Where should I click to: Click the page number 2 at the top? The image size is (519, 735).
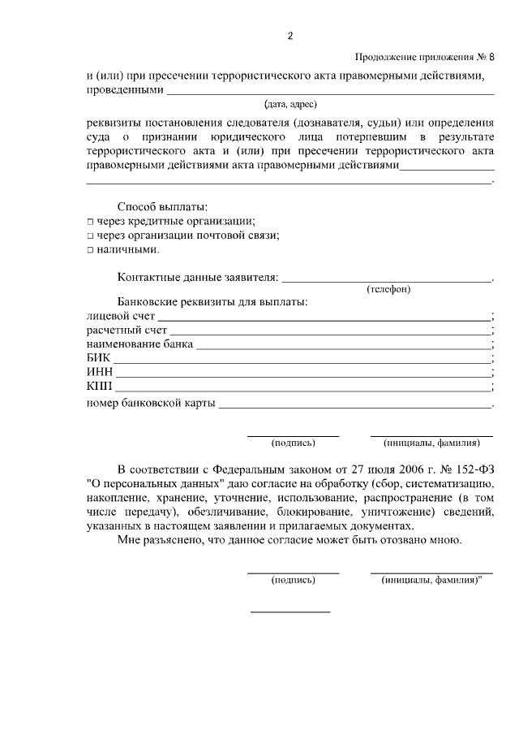click(290, 36)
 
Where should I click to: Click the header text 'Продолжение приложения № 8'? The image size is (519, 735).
click(424, 57)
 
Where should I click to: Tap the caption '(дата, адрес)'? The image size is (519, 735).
click(290, 104)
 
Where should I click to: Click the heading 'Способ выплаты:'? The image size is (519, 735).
click(162, 206)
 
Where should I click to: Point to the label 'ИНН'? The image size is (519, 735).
click(100, 374)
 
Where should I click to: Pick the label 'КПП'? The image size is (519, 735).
click(99, 387)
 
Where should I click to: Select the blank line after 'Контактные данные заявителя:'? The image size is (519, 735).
click(386, 279)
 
